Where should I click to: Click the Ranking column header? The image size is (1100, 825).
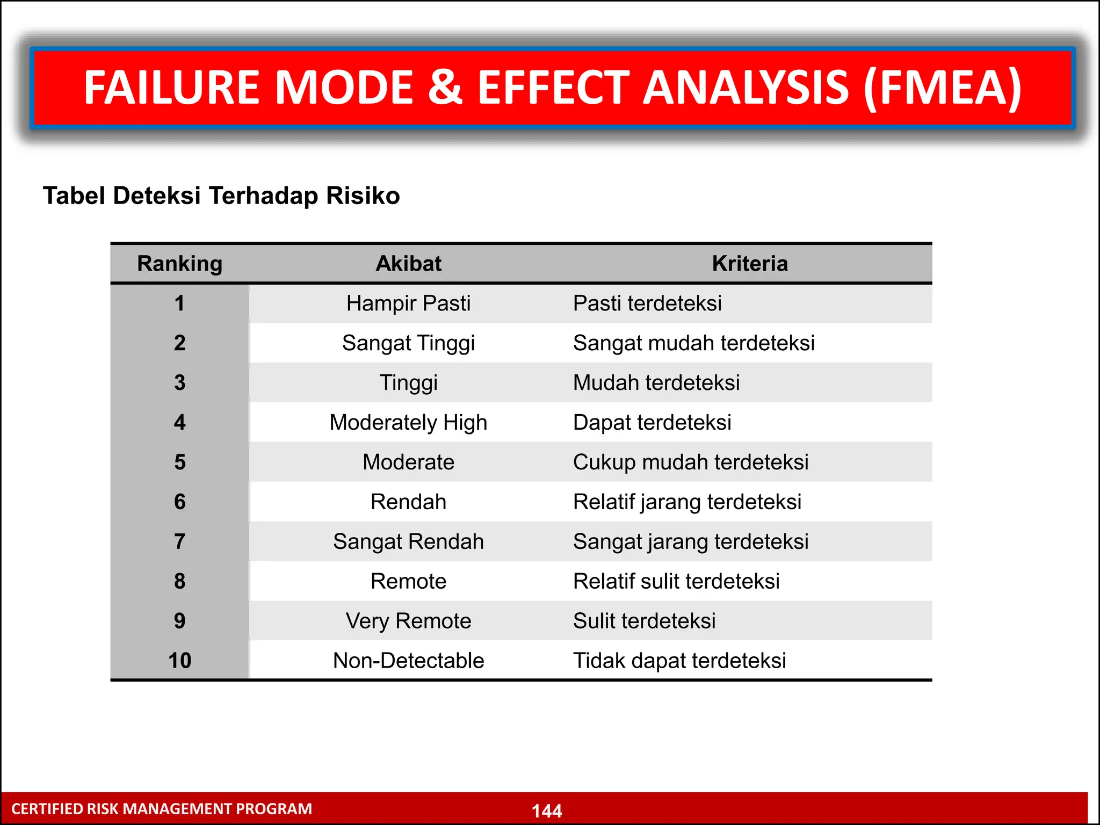pos(179,264)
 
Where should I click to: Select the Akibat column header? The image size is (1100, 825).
pos(408,264)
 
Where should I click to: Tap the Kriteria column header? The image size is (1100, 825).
pos(750,264)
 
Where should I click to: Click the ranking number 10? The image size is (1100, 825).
pos(179,661)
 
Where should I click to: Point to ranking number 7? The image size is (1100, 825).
pos(179,541)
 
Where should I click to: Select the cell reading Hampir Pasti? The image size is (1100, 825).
pos(408,303)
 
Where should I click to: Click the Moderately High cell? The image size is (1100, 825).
pos(408,423)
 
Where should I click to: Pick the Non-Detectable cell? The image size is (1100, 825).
pos(408,661)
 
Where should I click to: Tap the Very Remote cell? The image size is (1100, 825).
pos(408,621)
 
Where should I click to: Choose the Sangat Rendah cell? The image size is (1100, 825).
pos(408,541)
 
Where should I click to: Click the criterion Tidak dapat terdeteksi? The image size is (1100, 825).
pos(679,661)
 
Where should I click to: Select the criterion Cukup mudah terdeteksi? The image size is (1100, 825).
pos(691,462)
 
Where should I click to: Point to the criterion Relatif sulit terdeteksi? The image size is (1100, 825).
pos(676,581)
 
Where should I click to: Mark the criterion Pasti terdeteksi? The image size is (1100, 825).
pos(647,303)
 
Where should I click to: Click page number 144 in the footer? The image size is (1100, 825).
pos(547,810)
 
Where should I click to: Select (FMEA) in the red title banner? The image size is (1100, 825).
pos(943,88)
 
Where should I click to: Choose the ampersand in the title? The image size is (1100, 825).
pos(445,88)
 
